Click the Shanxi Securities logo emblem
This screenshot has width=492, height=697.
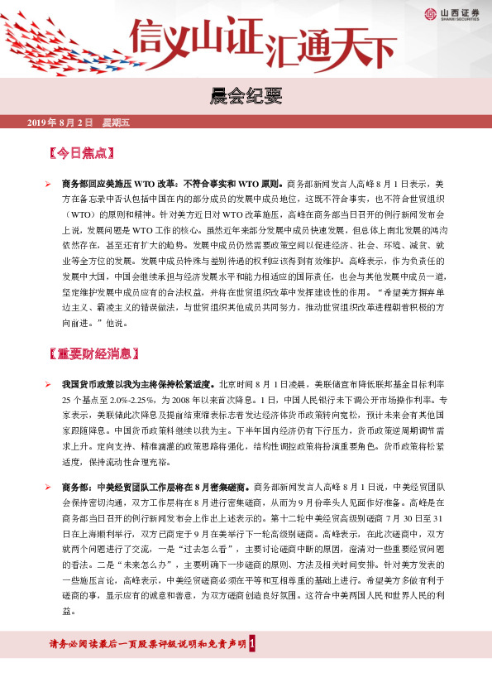[430, 13]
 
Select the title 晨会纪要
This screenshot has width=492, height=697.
[246, 98]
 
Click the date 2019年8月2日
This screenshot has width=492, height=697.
[60, 123]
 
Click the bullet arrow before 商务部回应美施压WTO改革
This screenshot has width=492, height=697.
[48, 183]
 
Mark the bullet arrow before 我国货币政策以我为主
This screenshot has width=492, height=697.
[48, 385]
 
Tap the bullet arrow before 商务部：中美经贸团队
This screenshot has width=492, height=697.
[48, 487]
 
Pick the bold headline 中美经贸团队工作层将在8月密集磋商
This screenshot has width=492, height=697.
[174, 487]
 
